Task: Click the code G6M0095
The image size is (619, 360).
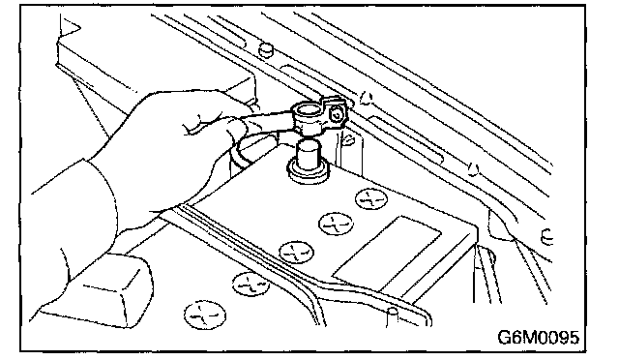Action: [x=538, y=338]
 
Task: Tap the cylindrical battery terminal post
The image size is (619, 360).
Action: [x=308, y=155]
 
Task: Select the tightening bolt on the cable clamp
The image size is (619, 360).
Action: [x=336, y=115]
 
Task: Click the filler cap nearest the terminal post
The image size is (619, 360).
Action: [x=371, y=198]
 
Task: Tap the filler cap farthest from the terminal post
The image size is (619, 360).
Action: [x=205, y=315]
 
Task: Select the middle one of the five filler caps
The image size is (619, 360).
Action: [x=297, y=252]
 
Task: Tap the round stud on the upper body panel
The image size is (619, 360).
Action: [x=266, y=48]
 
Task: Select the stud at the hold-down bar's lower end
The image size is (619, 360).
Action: [x=392, y=316]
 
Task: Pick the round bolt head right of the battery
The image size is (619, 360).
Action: [x=545, y=237]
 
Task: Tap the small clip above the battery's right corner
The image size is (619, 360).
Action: [x=473, y=168]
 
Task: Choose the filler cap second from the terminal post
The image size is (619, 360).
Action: [x=336, y=225]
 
